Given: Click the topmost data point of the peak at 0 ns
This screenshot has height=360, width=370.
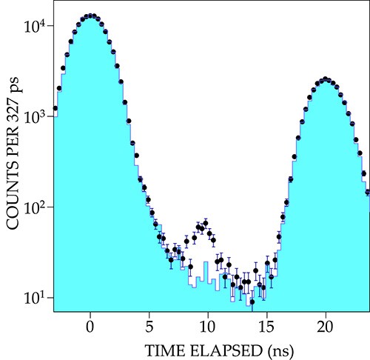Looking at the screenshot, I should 90,16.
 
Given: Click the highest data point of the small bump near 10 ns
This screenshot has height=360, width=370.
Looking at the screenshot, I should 205,221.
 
